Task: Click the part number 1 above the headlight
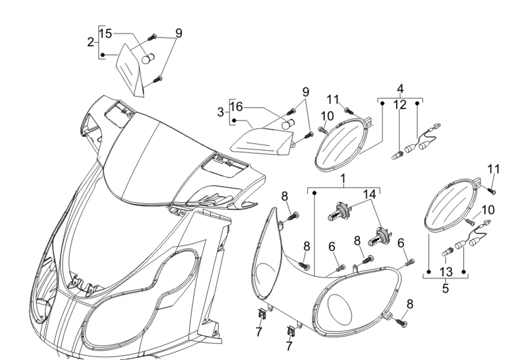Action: point(343,179)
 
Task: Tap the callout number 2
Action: point(90,42)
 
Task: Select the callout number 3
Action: point(220,112)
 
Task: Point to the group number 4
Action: point(400,89)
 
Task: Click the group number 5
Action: point(445,288)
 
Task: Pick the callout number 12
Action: point(400,105)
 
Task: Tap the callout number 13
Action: point(446,271)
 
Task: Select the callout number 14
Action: point(369,194)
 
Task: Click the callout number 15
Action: point(105,33)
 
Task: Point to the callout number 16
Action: point(236,106)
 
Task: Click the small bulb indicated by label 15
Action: point(147,59)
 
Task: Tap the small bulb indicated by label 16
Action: point(288,124)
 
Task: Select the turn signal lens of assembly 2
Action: point(129,69)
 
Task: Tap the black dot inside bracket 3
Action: point(234,120)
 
